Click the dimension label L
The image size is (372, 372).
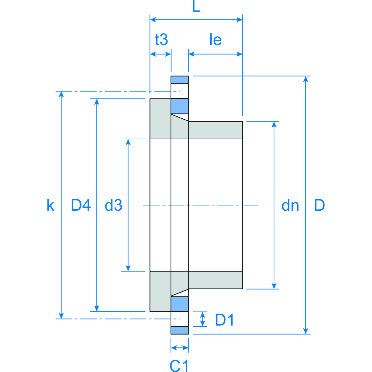tap(197, 6)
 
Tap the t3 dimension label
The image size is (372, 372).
tap(161, 39)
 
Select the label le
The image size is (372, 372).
tap(216, 39)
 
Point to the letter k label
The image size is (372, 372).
tap(51, 205)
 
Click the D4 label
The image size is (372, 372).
tap(81, 205)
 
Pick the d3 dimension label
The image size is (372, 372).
tap(113, 205)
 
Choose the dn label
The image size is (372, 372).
tap(290, 205)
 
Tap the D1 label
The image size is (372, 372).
tap(224, 320)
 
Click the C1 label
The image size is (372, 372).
tap(179, 366)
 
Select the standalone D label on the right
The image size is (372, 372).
tap(319, 205)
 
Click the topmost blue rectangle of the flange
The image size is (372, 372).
tap(180, 80)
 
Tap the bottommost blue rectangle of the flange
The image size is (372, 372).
tap(180, 330)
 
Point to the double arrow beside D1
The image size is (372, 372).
tap(202, 319)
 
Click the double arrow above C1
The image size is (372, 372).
tap(180, 348)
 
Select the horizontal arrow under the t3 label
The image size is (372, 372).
tap(161, 54)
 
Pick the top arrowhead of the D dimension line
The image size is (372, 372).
tap(306, 79)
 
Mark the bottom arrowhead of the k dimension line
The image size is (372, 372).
tap(61, 316)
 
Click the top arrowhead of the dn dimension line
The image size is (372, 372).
tap(274, 125)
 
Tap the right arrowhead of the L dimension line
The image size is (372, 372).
tap(239, 19)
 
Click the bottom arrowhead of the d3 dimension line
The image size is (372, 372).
tap(128, 268)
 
